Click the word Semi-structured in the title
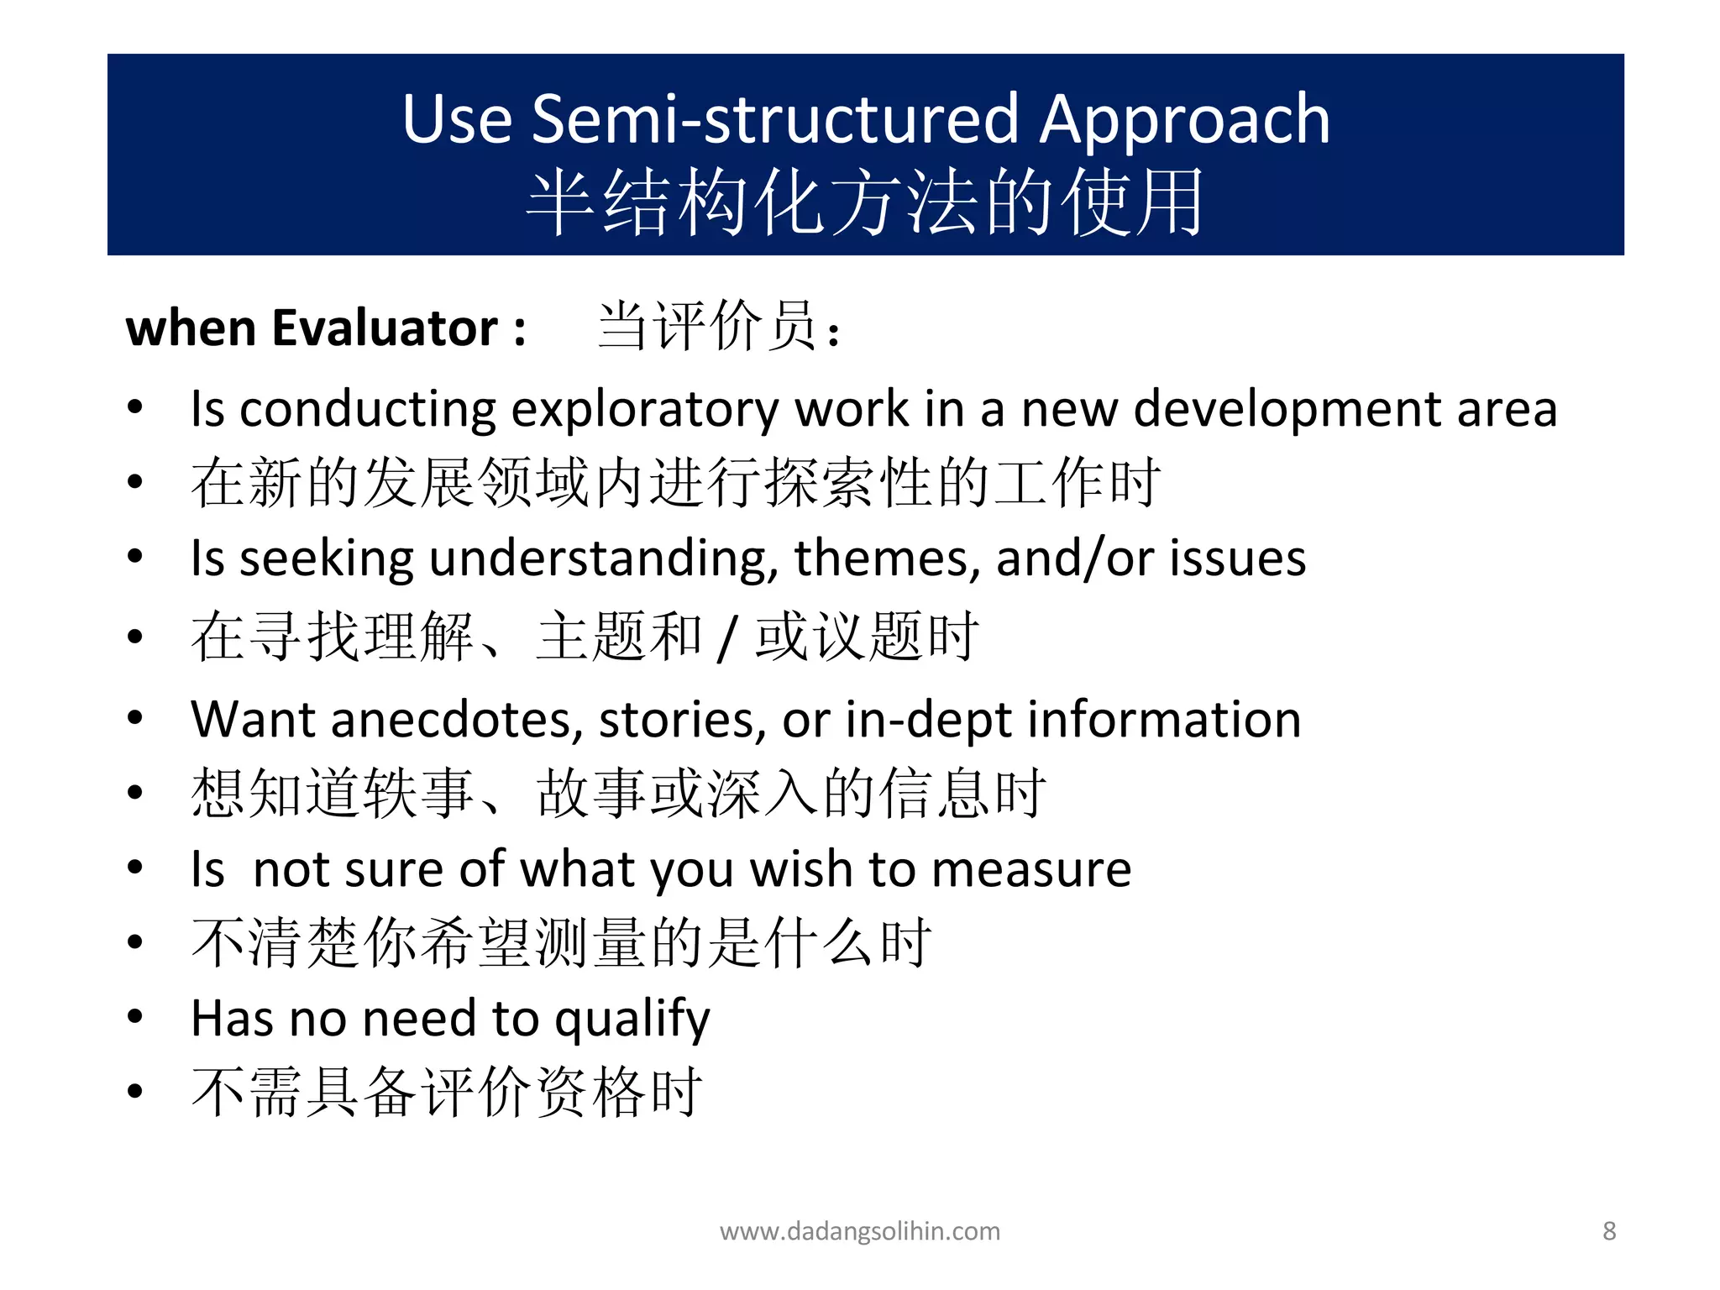[x=776, y=119]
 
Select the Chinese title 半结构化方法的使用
[x=865, y=202]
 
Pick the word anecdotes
[x=457, y=720]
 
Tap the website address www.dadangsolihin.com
[x=860, y=1231]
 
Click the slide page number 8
[x=1609, y=1231]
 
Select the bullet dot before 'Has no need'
[x=135, y=1017]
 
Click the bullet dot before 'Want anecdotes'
[x=135, y=718]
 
